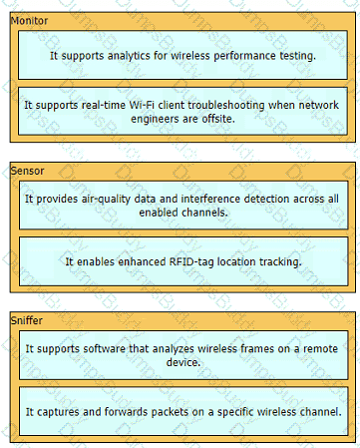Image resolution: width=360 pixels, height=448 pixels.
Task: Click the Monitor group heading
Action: tap(29, 21)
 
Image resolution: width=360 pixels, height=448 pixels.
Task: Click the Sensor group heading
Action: tap(27, 171)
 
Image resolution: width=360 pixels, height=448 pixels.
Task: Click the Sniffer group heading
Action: tap(27, 320)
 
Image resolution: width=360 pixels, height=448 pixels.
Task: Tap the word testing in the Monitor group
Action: tap(297, 56)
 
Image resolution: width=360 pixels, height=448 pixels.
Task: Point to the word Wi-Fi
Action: tap(142, 105)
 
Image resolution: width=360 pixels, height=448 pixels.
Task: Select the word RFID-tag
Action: tap(191, 262)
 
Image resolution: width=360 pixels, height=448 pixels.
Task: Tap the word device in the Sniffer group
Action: tap(183, 362)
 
